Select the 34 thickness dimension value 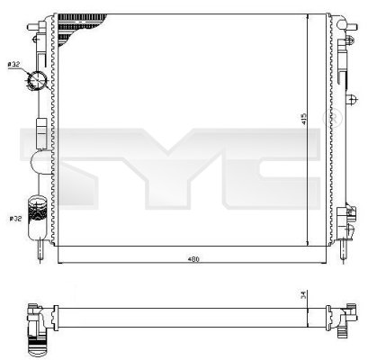[304, 293]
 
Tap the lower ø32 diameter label [14, 219]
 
